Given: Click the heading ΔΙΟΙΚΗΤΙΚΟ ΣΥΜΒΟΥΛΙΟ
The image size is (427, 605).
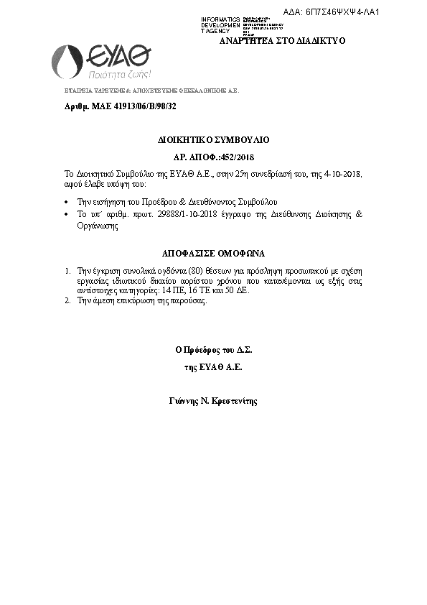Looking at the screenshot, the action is (214, 139).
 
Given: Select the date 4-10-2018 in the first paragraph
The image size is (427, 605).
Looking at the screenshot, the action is (347, 175).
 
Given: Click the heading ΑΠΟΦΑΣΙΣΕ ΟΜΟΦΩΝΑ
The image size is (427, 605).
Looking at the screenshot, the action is (213, 254).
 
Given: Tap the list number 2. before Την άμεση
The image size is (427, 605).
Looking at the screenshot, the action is (67, 301).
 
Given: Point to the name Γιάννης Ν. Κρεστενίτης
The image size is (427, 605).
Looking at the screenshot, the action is (213, 400).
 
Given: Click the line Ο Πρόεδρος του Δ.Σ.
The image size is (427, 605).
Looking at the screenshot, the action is (213, 351).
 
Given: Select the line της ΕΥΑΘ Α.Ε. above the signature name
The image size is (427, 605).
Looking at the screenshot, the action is (213, 367).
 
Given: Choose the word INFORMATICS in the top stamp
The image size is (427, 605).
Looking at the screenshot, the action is (220, 17).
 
